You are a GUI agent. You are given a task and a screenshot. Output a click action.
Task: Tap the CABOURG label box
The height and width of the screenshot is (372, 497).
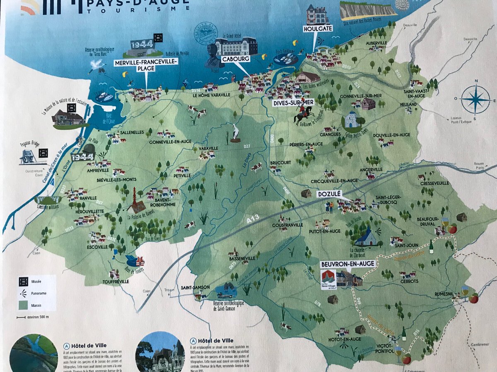tap(235, 59)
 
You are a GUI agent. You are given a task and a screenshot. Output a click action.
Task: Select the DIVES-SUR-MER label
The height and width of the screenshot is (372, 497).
tap(292, 104)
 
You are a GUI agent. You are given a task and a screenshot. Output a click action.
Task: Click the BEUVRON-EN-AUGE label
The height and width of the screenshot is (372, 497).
tap(347, 263)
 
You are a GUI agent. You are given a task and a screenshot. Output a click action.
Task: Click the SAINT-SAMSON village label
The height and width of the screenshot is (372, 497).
tap(195, 287)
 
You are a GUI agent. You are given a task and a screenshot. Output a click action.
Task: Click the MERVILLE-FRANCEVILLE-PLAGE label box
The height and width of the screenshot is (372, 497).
tap(146, 64)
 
